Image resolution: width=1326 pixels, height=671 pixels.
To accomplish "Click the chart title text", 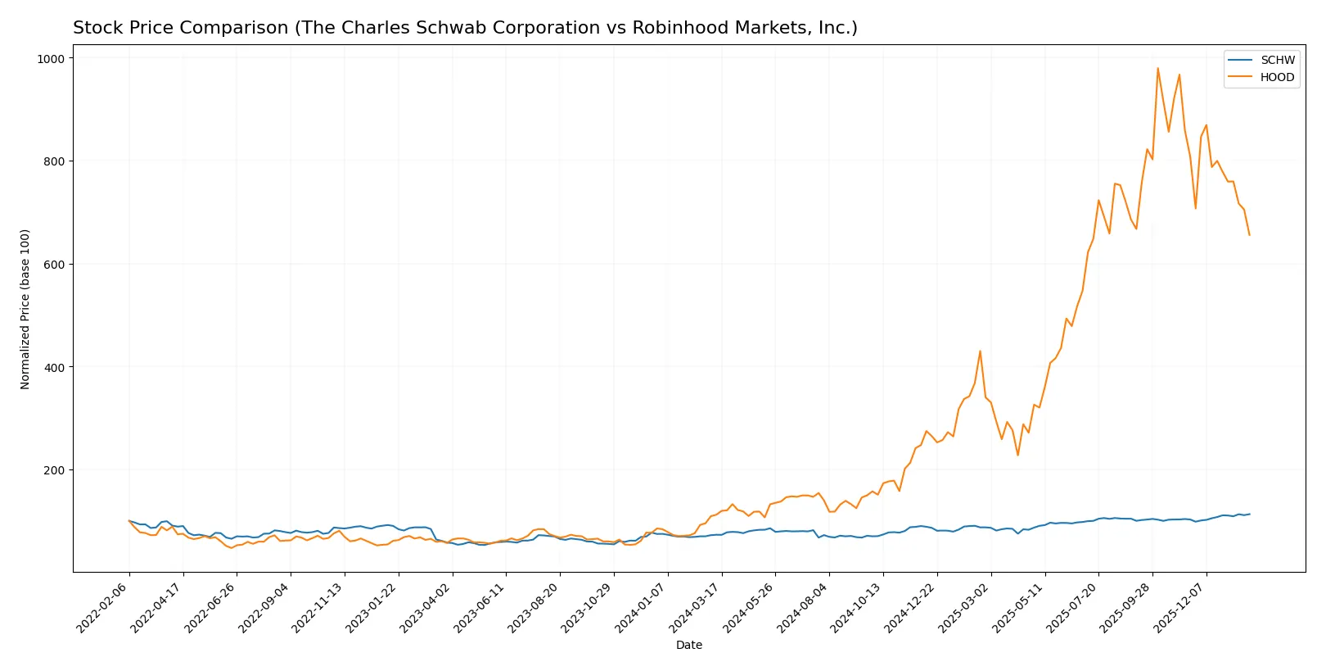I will (x=465, y=28).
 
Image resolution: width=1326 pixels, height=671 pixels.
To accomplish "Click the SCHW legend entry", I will (x=1277, y=61).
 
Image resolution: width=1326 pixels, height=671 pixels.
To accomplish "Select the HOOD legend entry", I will (x=1277, y=78).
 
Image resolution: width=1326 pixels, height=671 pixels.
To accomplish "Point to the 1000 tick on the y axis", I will (x=50, y=58).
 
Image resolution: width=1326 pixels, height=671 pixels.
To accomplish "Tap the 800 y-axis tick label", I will (x=53, y=161).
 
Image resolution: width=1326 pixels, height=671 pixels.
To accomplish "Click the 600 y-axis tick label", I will (x=53, y=265).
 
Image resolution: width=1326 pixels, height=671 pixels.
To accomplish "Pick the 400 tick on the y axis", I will (x=53, y=367).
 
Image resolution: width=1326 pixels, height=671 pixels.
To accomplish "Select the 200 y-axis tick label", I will (x=53, y=470).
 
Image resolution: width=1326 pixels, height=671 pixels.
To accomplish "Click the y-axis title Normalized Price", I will (x=25, y=309).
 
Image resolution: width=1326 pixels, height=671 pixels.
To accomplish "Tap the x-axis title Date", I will (x=688, y=646).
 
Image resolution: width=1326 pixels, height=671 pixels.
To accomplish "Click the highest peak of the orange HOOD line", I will (x=1157, y=68).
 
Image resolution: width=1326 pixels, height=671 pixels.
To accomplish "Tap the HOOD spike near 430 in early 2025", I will (x=980, y=351).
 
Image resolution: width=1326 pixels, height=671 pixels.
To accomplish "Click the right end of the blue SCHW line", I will (x=1249, y=514).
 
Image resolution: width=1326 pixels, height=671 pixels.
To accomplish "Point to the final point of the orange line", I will (x=1249, y=235).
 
